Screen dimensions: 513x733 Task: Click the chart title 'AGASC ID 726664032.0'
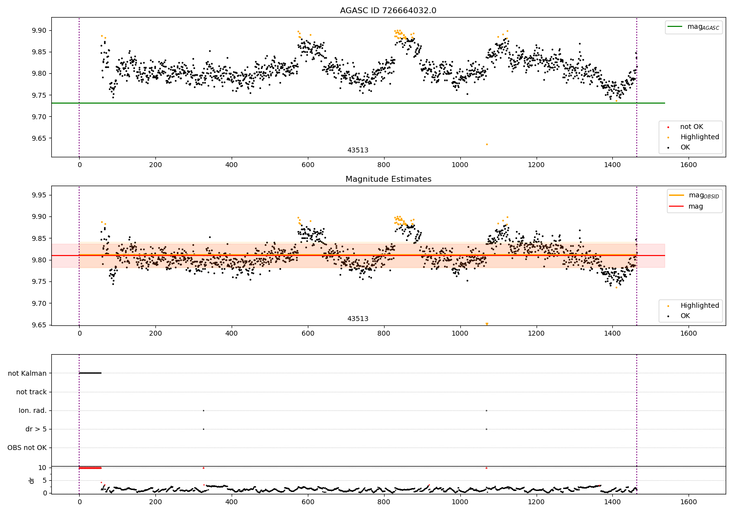click(388, 11)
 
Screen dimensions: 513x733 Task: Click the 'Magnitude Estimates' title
click(388, 179)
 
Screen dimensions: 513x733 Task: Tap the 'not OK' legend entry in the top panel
click(691, 127)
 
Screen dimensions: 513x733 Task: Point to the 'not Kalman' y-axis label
click(27, 373)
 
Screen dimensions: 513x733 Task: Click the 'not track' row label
click(31, 392)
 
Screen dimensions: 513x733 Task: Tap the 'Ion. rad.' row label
click(33, 410)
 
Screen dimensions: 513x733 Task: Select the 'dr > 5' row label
click(36, 429)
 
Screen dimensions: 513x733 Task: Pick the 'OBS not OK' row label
click(27, 448)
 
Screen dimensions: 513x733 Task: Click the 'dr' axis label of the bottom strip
click(32, 480)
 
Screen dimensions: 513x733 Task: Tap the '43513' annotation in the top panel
click(358, 150)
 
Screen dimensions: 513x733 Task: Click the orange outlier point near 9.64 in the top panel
click(487, 144)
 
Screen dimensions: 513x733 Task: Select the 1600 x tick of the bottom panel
click(689, 502)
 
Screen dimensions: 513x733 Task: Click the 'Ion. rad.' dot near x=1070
click(486, 410)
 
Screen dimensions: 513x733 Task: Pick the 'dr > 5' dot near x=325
click(203, 429)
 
